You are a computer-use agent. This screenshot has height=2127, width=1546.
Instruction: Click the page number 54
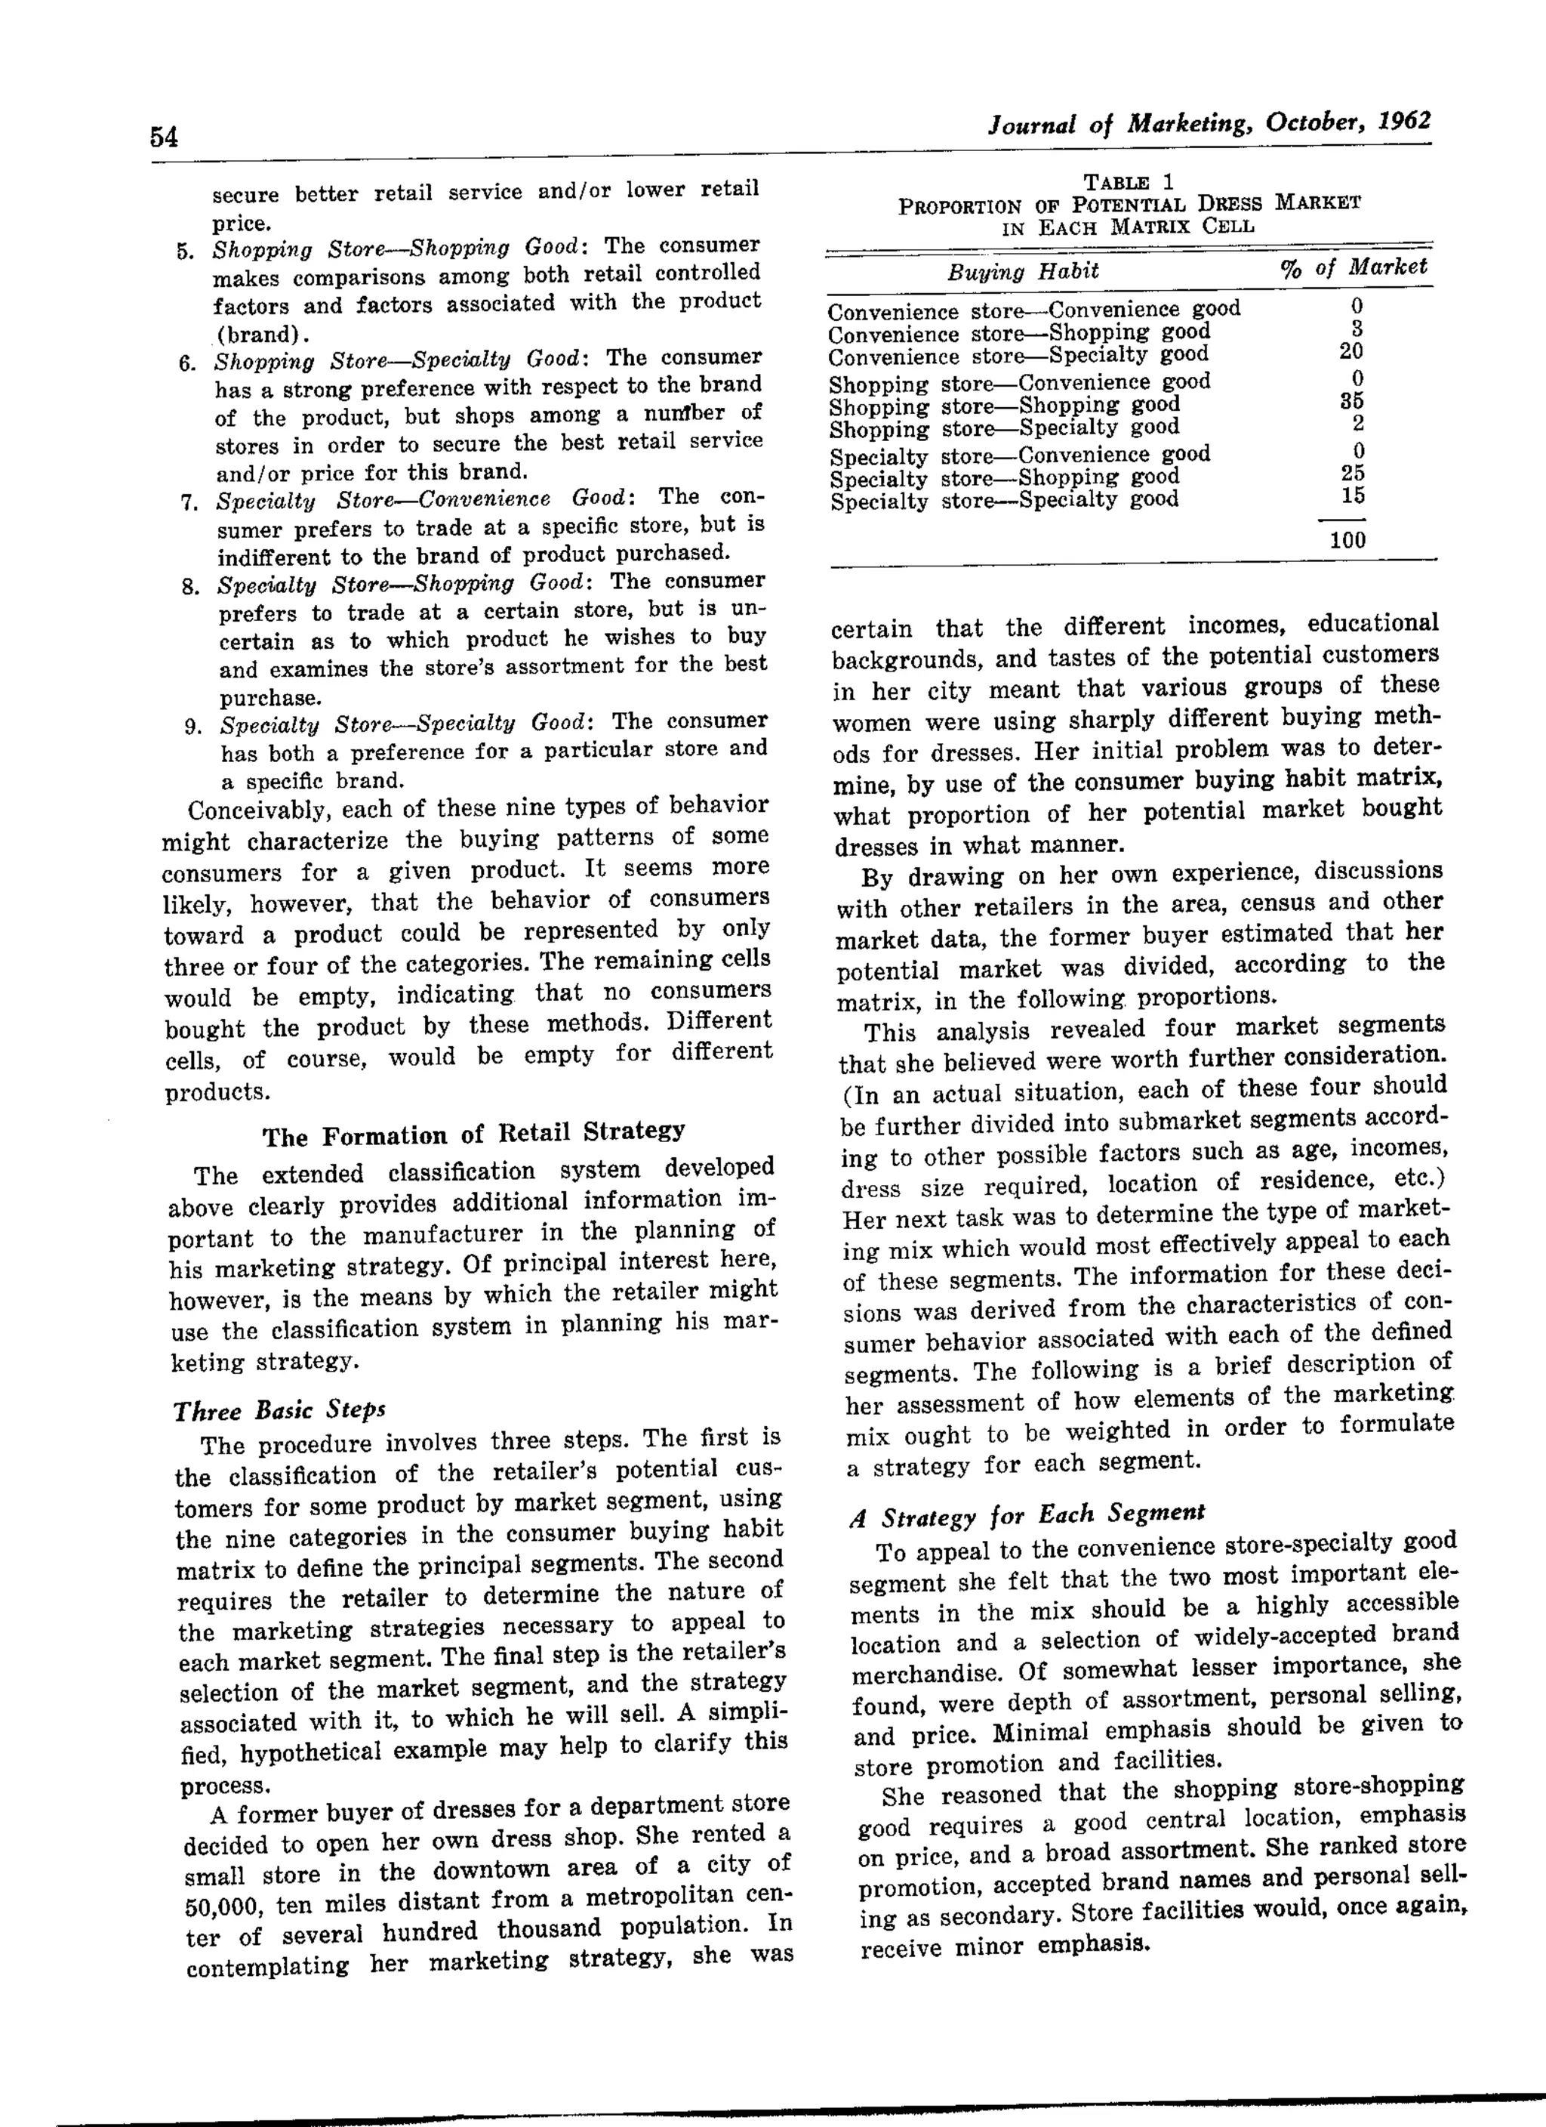(163, 137)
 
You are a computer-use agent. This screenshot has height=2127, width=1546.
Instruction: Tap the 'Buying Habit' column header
(1023, 272)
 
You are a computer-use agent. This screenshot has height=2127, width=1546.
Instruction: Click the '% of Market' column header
(1353, 268)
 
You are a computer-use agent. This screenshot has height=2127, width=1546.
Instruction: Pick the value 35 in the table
(1352, 401)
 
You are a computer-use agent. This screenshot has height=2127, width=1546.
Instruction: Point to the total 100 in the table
(1347, 540)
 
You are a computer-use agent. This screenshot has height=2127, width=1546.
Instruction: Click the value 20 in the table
(1351, 352)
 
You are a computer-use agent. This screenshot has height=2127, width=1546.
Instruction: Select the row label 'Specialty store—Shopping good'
(1005, 478)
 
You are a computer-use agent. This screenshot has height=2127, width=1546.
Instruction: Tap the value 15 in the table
(1352, 495)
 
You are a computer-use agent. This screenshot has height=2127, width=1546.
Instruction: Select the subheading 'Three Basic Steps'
(279, 1410)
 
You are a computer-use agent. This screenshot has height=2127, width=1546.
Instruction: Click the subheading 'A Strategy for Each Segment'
(1027, 1514)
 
